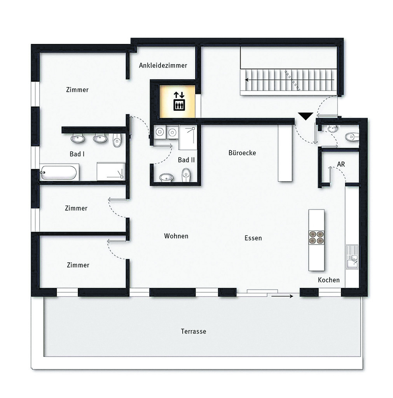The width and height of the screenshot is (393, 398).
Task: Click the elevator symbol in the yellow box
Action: tap(179, 101)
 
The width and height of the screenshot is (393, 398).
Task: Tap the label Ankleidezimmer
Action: tap(163, 65)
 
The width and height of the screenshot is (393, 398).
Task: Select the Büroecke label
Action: tap(242, 153)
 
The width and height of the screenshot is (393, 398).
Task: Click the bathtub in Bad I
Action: tap(59, 173)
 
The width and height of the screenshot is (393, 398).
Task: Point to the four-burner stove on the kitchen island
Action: tap(316, 237)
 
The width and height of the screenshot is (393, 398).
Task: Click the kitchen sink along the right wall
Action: tap(352, 257)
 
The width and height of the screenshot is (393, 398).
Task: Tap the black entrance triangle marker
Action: tap(306, 116)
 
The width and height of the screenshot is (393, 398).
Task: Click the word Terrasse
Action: tap(194, 331)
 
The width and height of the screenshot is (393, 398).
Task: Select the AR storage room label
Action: tap(341, 164)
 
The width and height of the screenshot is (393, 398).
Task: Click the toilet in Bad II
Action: tap(186, 175)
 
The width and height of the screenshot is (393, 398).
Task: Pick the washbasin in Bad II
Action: tap(166, 177)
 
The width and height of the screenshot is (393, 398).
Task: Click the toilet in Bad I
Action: tap(117, 140)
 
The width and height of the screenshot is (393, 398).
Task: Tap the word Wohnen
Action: tap(176, 236)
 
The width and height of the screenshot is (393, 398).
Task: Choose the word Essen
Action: tap(253, 238)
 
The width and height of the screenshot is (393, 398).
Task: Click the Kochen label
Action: tap(329, 280)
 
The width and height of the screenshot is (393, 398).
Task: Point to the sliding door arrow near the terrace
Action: tap(282, 296)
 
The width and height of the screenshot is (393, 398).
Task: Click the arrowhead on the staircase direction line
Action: tap(246, 80)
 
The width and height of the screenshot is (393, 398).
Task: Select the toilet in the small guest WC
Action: tap(352, 137)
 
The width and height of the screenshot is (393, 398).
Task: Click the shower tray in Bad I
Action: tap(111, 171)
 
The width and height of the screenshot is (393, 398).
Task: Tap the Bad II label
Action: tap(186, 160)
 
